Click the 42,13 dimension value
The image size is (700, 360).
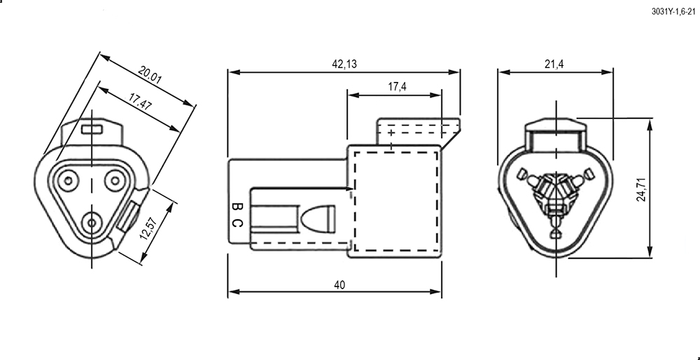(x=344, y=64)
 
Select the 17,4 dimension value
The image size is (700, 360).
(x=397, y=87)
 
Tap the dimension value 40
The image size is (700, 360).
(x=339, y=285)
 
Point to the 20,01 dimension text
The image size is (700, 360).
(x=150, y=74)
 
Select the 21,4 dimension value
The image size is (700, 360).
(x=554, y=64)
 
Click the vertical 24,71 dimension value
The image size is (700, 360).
(x=641, y=189)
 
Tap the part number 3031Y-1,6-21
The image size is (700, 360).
(x=673, y=12)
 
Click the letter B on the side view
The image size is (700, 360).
(x=237, y=207)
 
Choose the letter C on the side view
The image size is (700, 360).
(x=237, y=223)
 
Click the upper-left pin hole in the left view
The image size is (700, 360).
(x=69, y=181)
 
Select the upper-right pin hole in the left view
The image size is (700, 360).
(x=115, y=181)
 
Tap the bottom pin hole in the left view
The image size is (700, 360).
(x=92, y=223)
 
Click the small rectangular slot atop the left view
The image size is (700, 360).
(x=92, y=130)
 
